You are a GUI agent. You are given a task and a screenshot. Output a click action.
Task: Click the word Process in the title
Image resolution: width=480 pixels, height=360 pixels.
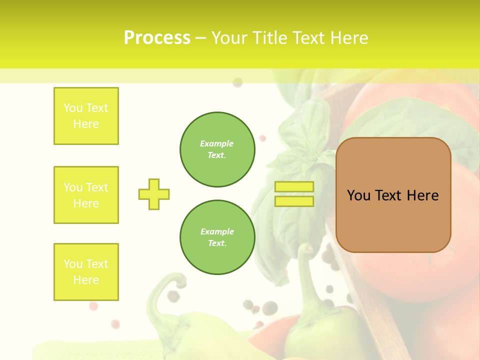[x=157, y=38]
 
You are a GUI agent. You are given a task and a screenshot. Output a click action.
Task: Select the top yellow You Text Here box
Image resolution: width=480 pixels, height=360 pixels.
[x=86, y=116]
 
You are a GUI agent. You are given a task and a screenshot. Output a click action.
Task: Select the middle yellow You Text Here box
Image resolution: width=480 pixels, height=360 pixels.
[x=86, y=195]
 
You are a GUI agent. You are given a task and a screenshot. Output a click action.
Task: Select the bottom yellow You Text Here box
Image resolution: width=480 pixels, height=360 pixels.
[x=86, y=272]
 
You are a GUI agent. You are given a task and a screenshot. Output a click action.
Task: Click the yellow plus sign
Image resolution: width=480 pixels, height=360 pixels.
[x=154, y=194]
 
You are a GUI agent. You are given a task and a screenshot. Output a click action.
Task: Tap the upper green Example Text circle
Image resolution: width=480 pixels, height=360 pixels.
[x=217, y=149]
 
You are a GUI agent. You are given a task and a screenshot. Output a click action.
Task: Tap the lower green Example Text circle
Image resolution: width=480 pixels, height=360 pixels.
[x=217, y=237]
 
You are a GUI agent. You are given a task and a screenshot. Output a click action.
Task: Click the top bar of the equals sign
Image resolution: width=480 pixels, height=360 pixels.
[x=294, y=186]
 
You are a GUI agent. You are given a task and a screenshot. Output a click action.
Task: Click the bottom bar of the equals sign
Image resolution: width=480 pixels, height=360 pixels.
[x=294, y=201]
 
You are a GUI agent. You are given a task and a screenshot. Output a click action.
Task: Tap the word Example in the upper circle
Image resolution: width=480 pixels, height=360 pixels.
[x=216, y=143]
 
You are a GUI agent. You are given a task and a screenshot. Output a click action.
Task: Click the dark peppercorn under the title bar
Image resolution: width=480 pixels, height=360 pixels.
[x=237, y=82]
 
